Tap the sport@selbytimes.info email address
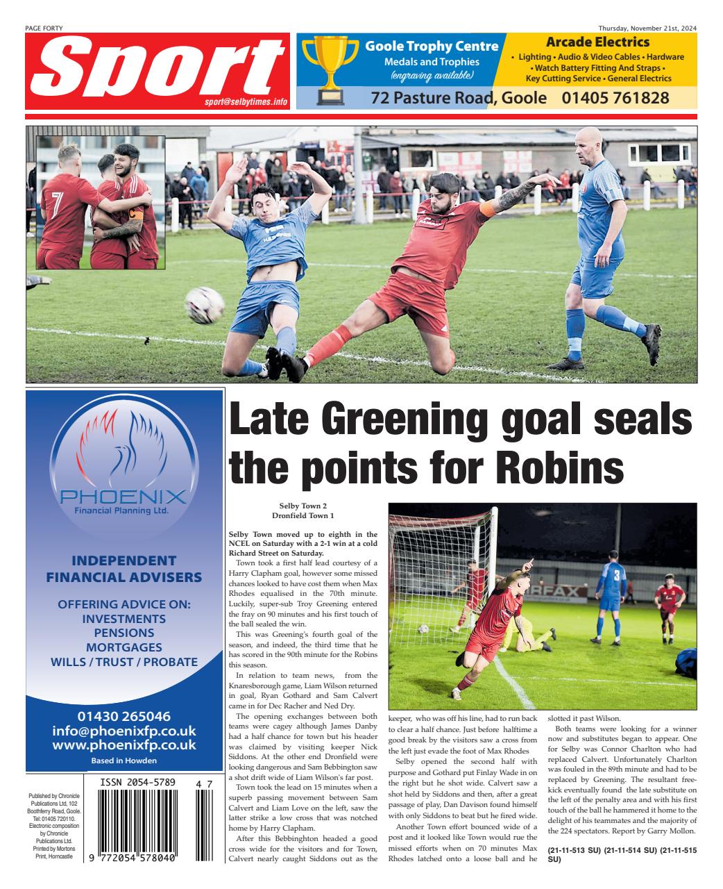(x=246, y=101)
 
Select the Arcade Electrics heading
(x=597, y=42)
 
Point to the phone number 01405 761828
(x=615, y=98)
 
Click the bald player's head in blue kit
(x=589, y=144)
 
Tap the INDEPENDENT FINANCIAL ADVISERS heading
(x=124, y=569)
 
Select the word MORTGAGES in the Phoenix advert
(x=124, y=647)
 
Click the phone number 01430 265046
(x=124, y=715)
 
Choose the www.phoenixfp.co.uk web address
(x=124, y=745)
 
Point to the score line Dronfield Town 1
(x=303, y=516)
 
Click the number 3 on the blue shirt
(x=616, y=575)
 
